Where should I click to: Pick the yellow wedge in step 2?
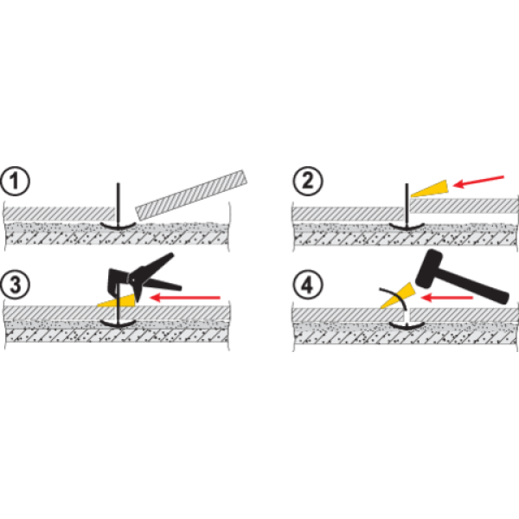click(x=429, y=188)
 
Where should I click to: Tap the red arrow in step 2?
click(x=478, y=180)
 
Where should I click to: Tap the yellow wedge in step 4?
click(x=390, y=296)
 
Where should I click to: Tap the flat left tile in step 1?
click(x=56, y=212)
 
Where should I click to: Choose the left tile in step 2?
click(x=346, y=212)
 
